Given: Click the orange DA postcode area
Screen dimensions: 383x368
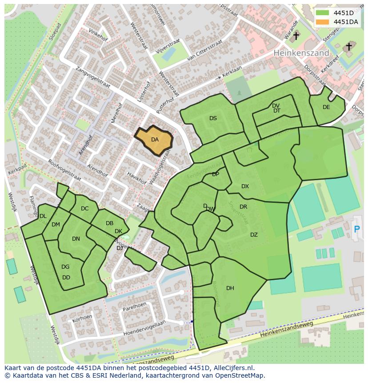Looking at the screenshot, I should [154, 140].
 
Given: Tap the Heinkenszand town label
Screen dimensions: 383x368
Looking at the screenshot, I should [301, 52].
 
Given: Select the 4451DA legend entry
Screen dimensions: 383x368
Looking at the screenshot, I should [346, 22].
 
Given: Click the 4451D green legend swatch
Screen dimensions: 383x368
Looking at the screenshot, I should [322, 13].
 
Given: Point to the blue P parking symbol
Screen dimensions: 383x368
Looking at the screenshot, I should [356, 229].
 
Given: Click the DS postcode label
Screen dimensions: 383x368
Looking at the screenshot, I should [213, 118].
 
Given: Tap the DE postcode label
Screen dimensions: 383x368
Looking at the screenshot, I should [326, 107].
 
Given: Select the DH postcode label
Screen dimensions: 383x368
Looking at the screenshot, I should [230, 288].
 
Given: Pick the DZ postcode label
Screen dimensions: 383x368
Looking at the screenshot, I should [254, 235].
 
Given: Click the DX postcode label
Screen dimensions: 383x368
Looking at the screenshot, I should [245, 186].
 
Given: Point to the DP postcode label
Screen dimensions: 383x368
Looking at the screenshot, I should [216, 174].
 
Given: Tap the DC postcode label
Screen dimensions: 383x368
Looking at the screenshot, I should [85, 209].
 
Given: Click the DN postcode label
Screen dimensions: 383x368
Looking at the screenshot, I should [76, 239].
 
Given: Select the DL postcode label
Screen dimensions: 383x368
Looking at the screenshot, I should [43, 216].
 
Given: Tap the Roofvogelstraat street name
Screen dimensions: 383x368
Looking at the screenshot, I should [64, 170].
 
